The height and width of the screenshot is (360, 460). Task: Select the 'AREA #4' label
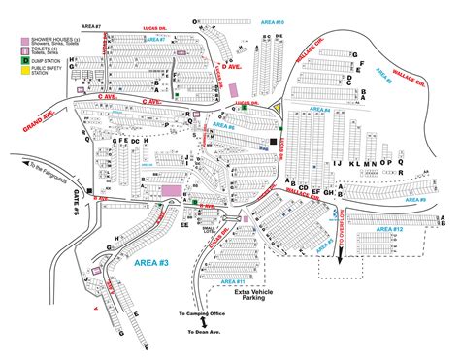320,111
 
